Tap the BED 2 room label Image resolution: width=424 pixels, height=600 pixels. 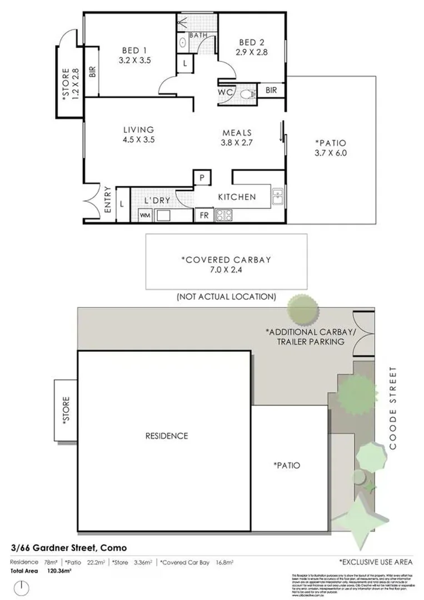(251, 47)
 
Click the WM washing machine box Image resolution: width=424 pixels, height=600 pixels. (144, 215)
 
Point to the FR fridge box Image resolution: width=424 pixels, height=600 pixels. (204, 215)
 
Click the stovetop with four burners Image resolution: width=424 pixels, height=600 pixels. (223, 215)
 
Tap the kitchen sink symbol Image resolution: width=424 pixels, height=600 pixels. (278, 196)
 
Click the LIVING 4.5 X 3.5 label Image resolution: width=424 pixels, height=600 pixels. (138, 135)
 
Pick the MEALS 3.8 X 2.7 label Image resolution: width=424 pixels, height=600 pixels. (237, 137)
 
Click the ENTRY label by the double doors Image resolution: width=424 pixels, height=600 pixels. (108, 199)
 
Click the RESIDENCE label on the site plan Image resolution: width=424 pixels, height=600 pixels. (167, 436)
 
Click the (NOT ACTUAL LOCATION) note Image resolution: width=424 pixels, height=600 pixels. (226, 297)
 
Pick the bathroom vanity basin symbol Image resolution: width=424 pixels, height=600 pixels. (183, 42)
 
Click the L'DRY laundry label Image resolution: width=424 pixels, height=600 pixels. (157, 199)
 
